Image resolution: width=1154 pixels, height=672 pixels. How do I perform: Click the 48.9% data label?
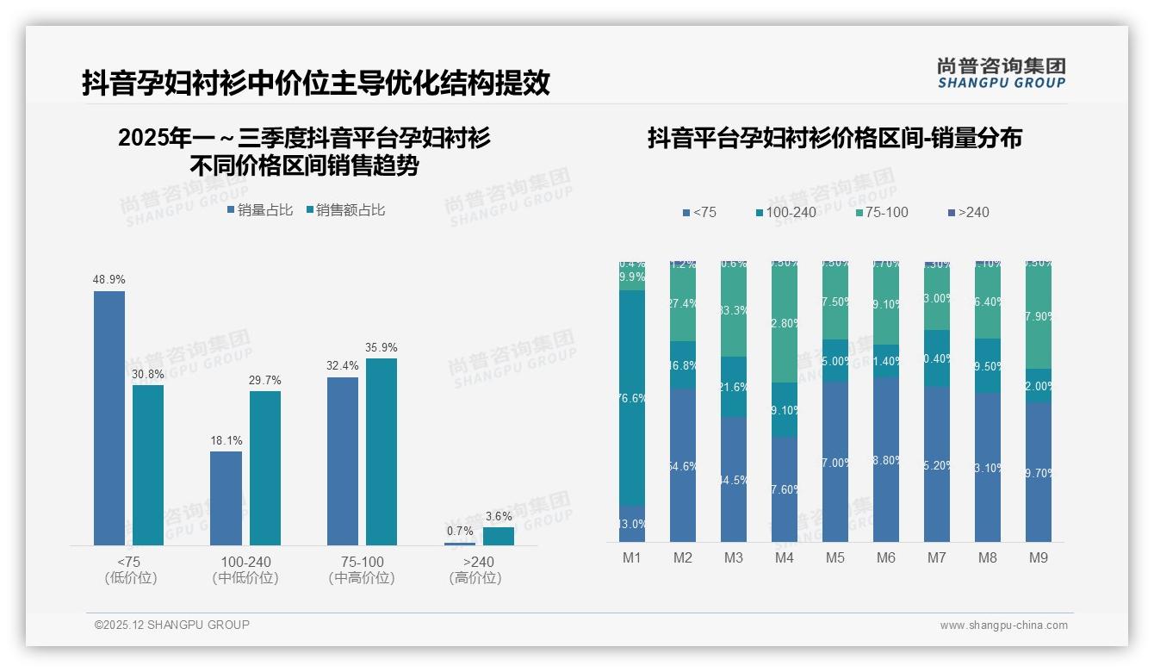(x=109, y=280)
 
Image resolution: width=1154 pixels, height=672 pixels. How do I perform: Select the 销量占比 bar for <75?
(x=109, y=418)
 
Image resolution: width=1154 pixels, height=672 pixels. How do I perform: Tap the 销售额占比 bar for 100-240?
(x=265, y=468)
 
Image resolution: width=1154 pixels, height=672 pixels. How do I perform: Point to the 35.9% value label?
(x=382, y=348)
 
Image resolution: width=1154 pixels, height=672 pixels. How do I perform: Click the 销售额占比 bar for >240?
(x=499, y=536)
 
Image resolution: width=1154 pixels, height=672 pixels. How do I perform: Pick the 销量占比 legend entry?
(x=260, y=210)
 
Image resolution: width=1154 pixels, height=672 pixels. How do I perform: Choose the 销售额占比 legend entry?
(x=345, y=210)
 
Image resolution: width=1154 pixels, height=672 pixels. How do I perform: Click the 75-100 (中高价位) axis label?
(x=362, y=569)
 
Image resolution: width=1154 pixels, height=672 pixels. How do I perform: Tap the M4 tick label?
(x=784, y=558)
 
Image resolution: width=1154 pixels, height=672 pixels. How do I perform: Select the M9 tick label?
(x=1039, y=558)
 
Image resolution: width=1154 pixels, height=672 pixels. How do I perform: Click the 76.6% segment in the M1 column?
(x=632, y=398)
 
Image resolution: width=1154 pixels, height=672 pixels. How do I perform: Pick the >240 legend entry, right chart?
(x=968, y=212)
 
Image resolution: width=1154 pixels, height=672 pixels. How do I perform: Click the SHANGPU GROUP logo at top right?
(x=1002, y=73)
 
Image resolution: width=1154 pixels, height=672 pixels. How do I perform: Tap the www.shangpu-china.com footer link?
(x=1003, y=625)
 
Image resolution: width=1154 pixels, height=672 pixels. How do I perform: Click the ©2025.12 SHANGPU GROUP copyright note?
(x=172, y=625)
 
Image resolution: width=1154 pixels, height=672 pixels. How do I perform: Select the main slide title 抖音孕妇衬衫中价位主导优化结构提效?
(x=316, y=84)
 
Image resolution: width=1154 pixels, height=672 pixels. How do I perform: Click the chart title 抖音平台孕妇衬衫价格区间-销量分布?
(x=834, y=139)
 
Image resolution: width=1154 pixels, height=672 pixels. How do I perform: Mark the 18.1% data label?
(x=226, y=441)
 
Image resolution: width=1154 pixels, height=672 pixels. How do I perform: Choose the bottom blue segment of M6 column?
(x=886, y=459)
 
